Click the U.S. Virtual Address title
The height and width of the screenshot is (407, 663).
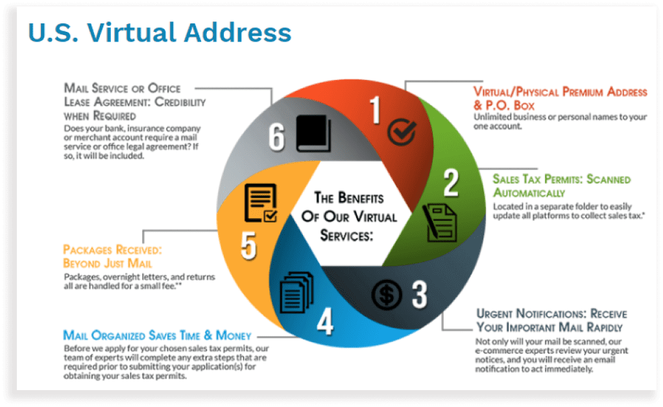[x=160, y=32]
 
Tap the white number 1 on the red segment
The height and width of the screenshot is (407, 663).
[x=375, y=110]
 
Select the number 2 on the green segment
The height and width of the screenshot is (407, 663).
[x=451, y=182]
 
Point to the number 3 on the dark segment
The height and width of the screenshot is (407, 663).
[x=420, y=295]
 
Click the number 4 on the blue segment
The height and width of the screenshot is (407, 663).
[x=325, y=321]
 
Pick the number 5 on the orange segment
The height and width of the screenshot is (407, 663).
[x=248, y=245]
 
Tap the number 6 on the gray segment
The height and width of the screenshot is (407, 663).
[x=276, y=137]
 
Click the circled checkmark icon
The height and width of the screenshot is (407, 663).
[x=402, y=132]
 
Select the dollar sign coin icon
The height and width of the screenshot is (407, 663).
[x=387, y=295]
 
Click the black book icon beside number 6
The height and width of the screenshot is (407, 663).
[x=313, y=133]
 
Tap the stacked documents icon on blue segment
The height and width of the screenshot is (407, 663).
[x=297, y=292]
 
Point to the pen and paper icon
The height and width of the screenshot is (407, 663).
[x=439, y=223]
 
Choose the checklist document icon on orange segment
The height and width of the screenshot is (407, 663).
[x=261, y=203]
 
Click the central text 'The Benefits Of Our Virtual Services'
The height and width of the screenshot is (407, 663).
[x=348, y=216]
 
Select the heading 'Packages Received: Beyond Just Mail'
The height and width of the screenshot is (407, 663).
[x=112, y=256]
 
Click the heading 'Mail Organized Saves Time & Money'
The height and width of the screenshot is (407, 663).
[x=157, y=335]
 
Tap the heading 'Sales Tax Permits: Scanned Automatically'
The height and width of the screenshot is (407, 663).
[x=562, y=186]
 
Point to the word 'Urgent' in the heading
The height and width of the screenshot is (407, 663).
[x=494, y=314]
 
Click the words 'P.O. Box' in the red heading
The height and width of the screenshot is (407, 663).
[x=510, y=105]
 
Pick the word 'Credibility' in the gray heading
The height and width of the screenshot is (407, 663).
[x=180, y=102]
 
